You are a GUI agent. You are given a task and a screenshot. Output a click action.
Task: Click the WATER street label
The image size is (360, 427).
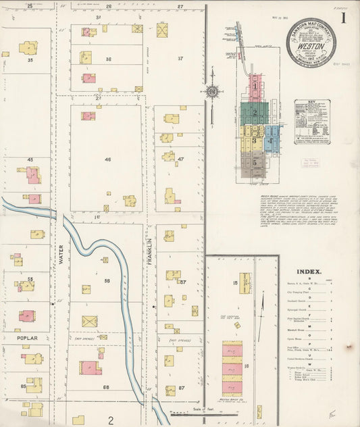pos(59,257)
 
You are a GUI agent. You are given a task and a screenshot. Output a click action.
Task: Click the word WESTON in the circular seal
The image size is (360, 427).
pos(310,39)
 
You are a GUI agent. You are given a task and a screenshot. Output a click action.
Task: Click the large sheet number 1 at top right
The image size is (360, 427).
pos(344,18)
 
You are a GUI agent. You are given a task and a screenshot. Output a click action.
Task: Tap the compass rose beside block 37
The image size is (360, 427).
pos(212,91)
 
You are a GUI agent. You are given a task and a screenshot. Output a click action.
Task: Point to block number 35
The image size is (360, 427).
pos(30,60)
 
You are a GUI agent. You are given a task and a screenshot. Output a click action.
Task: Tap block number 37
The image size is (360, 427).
pos(180,58)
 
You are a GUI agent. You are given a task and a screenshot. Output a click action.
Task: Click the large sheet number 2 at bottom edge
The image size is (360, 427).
pos(110,420)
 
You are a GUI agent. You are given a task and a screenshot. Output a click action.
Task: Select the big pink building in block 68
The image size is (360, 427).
pos(90,368)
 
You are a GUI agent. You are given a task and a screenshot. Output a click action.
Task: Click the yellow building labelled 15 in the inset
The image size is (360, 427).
pos(245,282)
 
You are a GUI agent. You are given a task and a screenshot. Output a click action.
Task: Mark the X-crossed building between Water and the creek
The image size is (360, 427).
pos(89,322)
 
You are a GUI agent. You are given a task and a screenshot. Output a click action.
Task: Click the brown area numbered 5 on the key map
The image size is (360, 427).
pos(254,163)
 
